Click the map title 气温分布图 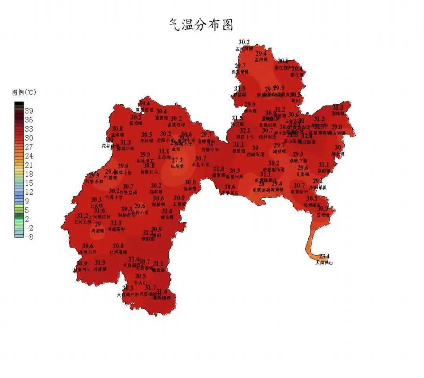pos(201,24)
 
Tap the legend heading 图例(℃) pos(24,93)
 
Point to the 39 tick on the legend pos(29,111)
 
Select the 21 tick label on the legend pos(29,165)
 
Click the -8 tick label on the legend pos(29,237)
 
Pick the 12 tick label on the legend pos(29,192)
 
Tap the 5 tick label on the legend pos(27,210)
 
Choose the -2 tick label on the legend pos(29,228)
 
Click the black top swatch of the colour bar pos(19,104)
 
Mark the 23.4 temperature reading pos(324,256)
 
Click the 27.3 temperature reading pos(177,160)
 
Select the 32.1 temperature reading pos(245,130)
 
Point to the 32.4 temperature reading pos(307,136)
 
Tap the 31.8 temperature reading pos(219,169)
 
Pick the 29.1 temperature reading pos(318,181)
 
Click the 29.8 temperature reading pos(336,127)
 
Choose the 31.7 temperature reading pos(150,288)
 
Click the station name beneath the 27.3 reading pos(177,166)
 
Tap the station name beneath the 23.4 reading pos(324,263)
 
